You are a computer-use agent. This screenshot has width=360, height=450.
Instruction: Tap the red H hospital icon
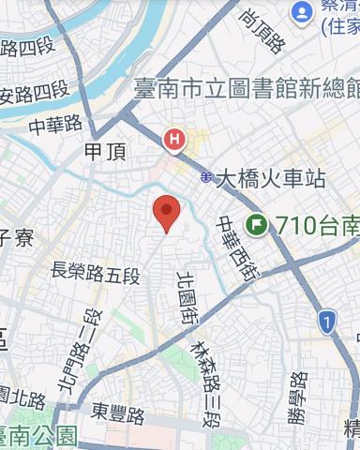(x=173, y=141)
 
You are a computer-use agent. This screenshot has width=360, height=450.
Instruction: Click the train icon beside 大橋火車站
(x=205, y=177)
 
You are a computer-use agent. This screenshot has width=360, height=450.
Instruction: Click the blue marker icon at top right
(x=302, y=12)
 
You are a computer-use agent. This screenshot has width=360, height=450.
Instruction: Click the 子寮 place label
(x=16, y=238)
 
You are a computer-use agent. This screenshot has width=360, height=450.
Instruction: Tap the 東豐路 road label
(x=118, y=412)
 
